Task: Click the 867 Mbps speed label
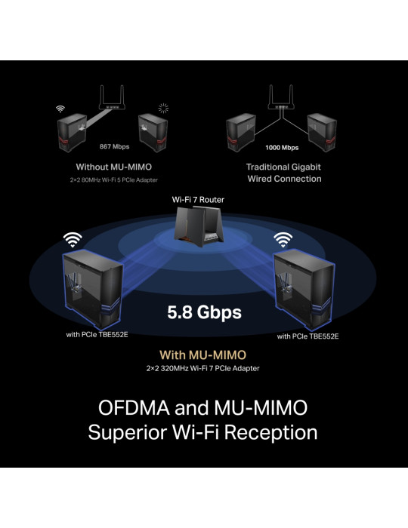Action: pos(114,146)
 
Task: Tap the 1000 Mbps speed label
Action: pos(282,148)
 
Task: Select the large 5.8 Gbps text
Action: pos(204,312)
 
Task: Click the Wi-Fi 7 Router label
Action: pos(198,200)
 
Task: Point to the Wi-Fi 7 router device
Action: pos(198,226)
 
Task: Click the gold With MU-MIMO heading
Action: pos(202,355)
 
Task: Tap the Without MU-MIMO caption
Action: pos(114,167)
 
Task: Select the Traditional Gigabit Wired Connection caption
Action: pos(284,173)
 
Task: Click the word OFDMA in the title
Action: pos(134,407)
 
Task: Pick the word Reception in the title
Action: pos(270,433)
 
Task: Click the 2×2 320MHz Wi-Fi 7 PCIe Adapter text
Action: pos(203,368)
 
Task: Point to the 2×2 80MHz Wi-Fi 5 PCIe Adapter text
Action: pos(113,180)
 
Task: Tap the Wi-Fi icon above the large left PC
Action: pos(73,239)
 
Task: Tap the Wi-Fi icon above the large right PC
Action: pos(283,239)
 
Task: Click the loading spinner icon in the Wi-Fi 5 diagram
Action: pos(163,108)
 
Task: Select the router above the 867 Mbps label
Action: pos(112,97)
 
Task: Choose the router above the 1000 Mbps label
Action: pos(281,97)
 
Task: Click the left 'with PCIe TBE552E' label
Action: pos(97,335)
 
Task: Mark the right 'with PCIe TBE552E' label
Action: pos(308,336)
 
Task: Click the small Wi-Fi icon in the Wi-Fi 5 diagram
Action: pos(60,109)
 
